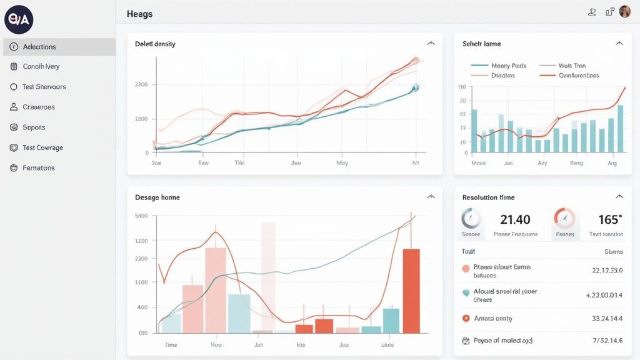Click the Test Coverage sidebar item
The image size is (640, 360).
pos(42,148)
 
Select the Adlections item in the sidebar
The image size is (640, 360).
pos(39,47)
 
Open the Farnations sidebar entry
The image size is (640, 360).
pos(38,168)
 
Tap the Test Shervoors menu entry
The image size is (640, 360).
pos(44,87)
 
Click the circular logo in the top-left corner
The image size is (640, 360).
pos(19,19)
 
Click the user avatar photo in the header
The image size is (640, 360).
pos(624,12)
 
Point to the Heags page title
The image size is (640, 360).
pos(139,14)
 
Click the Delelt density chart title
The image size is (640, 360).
pos(155,44)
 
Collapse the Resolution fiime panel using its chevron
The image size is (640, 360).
pos(619,197)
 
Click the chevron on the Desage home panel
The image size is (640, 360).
pos(431,197)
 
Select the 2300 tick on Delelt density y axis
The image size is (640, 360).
pos(141,84)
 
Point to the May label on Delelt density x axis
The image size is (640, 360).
pos(342,162)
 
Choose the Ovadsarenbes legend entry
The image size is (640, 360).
pos(578,76)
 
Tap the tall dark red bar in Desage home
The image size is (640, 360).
pos(411,291)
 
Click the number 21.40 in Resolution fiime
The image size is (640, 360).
pos(515,219)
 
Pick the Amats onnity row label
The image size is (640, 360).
pos(493,319)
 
